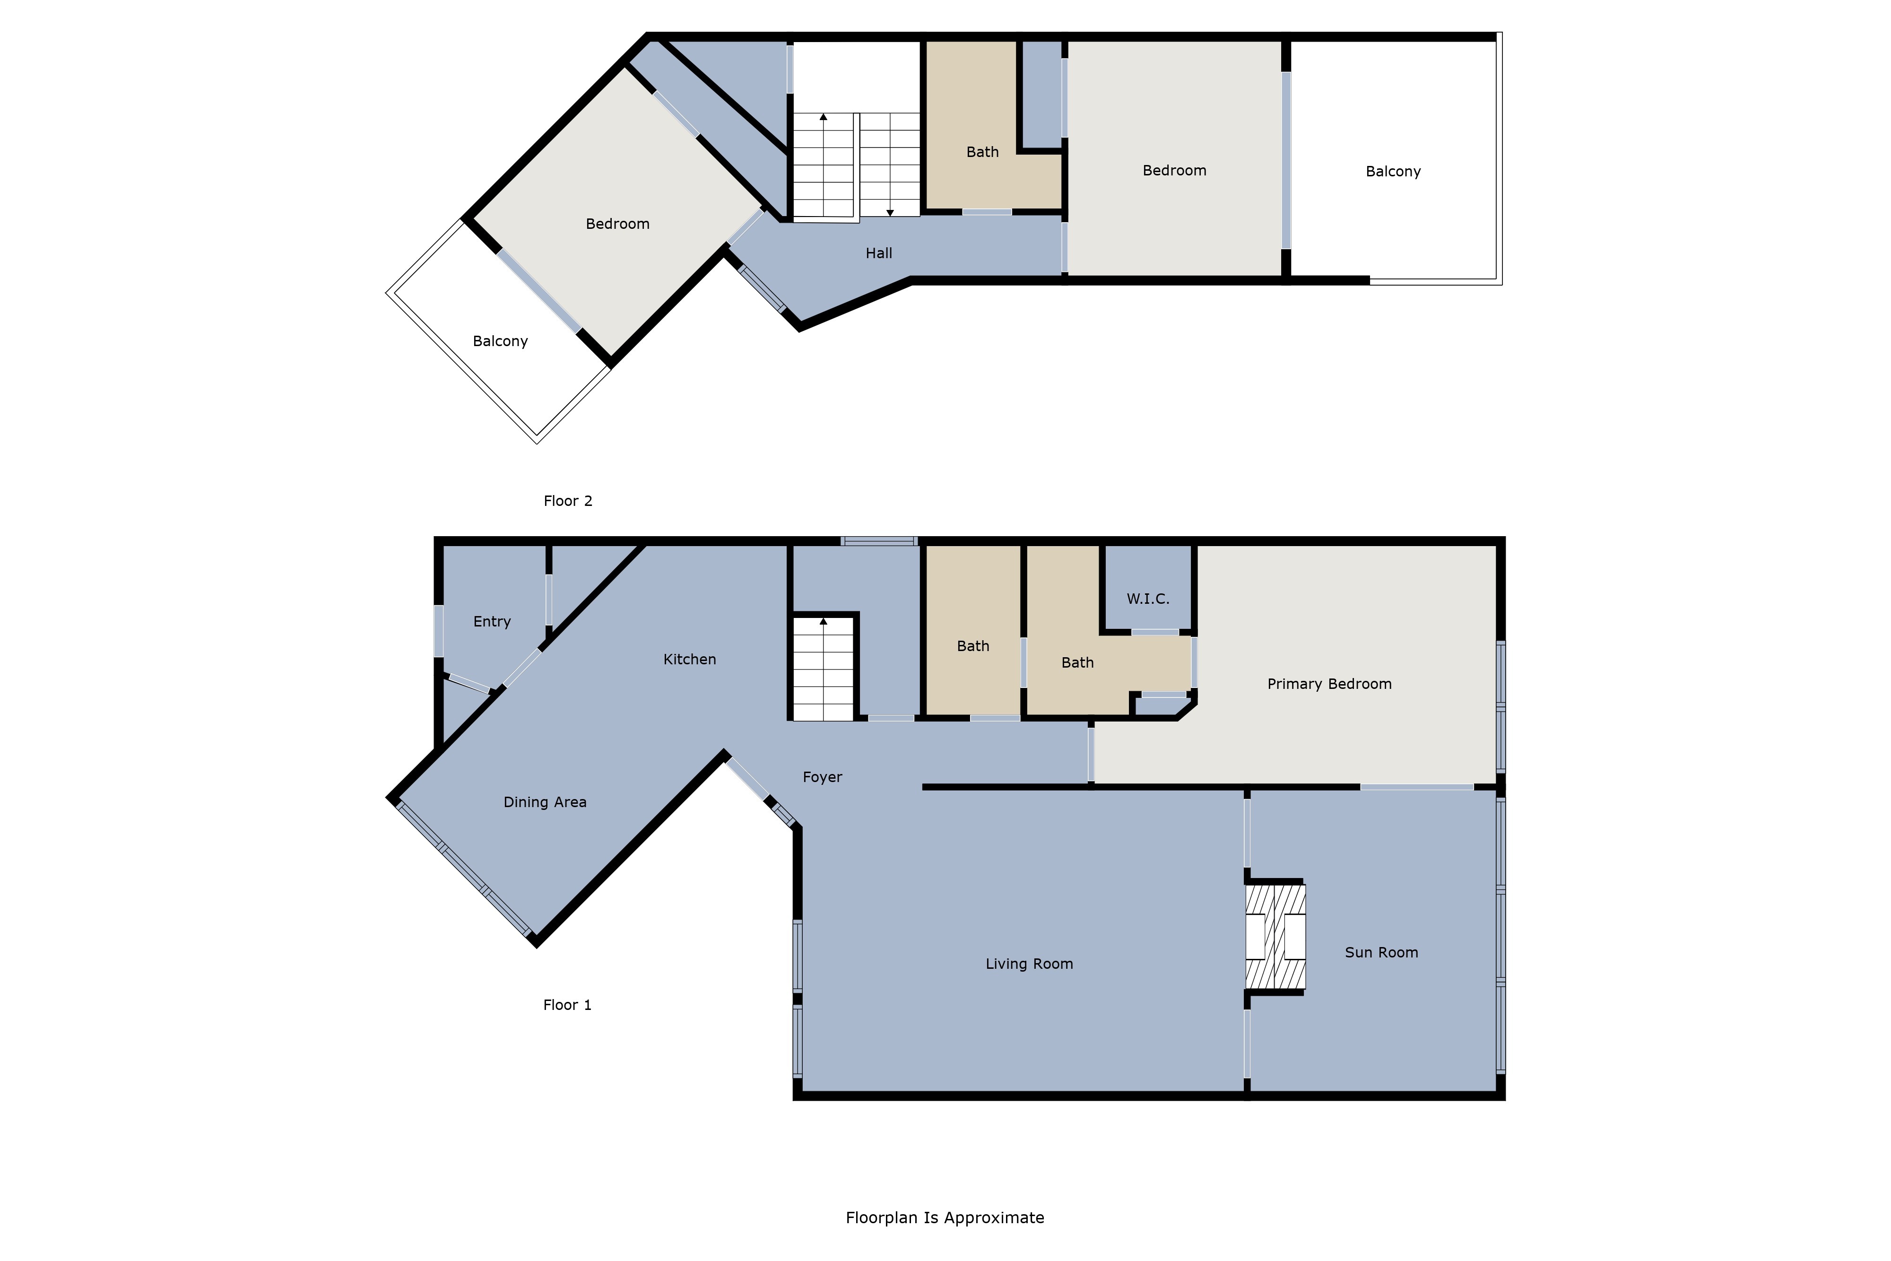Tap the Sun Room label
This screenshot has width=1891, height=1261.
1381,953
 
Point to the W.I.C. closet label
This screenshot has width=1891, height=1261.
1148,599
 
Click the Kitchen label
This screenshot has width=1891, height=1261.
690,660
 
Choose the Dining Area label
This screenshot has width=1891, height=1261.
545,802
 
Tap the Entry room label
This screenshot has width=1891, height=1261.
492,622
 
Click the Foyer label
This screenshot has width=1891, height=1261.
823,778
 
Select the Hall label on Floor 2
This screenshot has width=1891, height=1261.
879,253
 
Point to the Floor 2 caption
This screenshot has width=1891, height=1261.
568,501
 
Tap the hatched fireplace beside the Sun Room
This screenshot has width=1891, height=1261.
1275,937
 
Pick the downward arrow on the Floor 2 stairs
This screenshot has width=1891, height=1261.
890,165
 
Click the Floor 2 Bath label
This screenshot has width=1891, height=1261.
982,152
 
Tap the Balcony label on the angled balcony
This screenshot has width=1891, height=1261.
500,342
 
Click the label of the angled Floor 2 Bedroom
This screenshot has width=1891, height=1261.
617,225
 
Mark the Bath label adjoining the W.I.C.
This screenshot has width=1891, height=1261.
1077,663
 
